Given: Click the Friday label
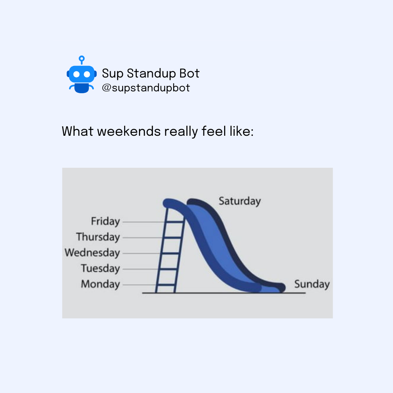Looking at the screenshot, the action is (106, 222).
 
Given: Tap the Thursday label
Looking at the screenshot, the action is (98, 237).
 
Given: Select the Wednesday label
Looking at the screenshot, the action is (92, 253).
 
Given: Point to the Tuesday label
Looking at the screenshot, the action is (100, 269).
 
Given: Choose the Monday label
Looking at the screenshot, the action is (100, 284).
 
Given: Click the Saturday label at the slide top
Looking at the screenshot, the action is (240, 201).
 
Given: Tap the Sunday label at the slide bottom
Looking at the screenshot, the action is (312, 284).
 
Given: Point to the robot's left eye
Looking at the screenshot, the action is (76, 74).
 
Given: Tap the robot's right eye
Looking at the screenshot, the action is (87, 74).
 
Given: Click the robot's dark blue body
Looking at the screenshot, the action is (82, 88).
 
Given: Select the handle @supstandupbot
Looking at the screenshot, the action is (146, 88).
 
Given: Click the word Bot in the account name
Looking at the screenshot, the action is (189, 74).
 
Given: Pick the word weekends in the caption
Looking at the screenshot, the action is (129, 131).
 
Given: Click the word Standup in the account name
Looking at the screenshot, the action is (151, 74).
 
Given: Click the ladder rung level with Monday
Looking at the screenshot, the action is (166, 285).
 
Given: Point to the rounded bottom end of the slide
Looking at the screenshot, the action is (282, 287).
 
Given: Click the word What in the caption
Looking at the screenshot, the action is (78, 131).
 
